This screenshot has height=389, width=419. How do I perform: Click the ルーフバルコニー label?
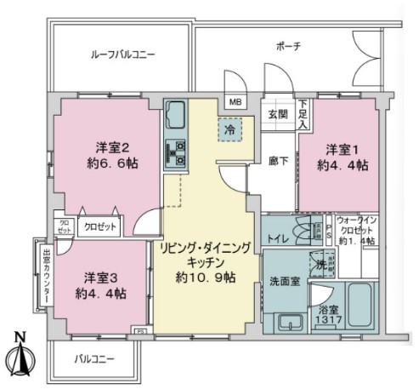123,55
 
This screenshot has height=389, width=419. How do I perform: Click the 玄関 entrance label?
278,113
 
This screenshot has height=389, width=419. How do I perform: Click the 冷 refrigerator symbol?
229,129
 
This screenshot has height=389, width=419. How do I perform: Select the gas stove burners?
178,151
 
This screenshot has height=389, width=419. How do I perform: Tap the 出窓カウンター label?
46,277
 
